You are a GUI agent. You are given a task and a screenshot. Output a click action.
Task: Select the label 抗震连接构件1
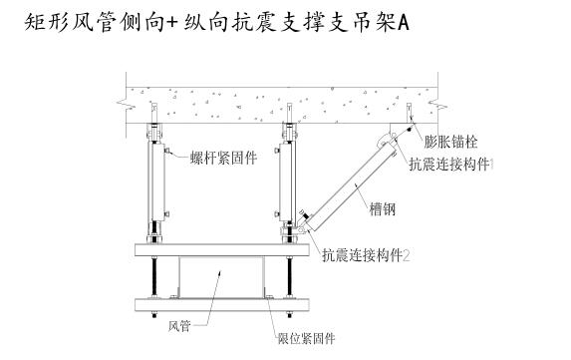click(451, 163)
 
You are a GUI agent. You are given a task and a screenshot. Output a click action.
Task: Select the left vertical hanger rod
click(154, 184)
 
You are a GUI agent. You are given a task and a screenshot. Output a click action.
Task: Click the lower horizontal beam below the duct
click(219, 303)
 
